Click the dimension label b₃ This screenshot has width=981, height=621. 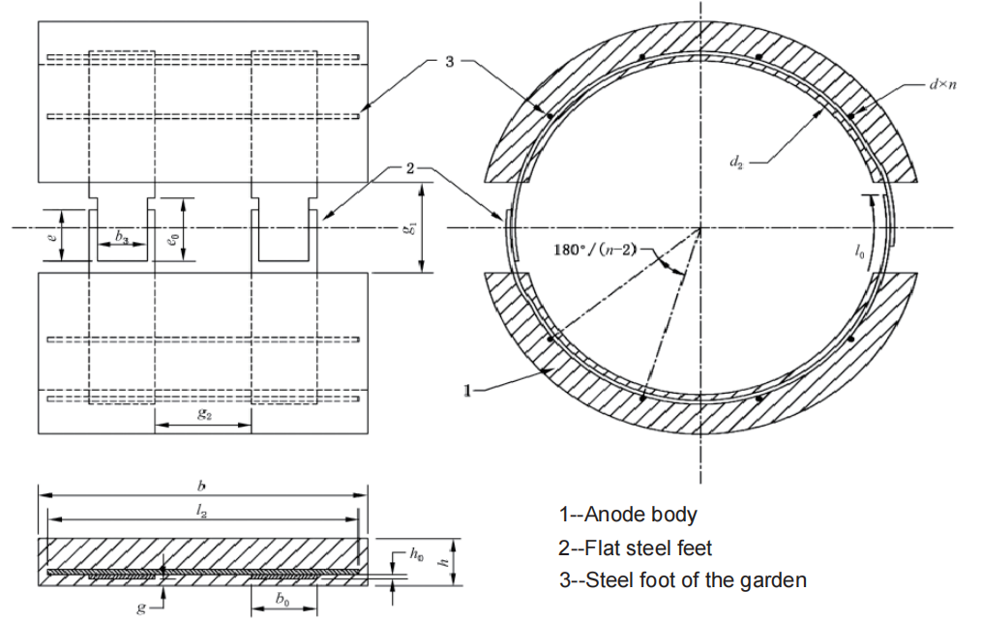point(123,237)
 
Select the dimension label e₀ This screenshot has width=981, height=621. point(174,238)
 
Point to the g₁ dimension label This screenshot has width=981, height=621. point(409,228)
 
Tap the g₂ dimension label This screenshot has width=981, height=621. point(204,413)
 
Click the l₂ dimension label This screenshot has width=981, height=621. point(201,511)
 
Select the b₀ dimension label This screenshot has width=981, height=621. point(282,599)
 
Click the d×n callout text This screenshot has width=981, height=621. point(943,84)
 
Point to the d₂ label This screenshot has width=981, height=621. point(736,162)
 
